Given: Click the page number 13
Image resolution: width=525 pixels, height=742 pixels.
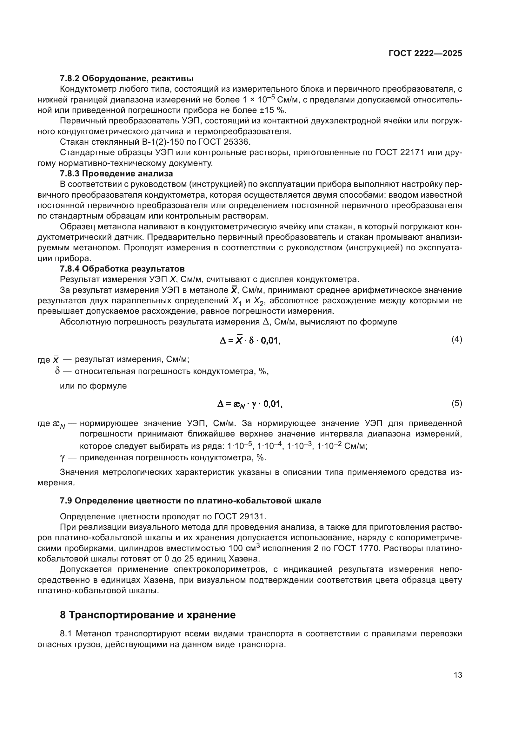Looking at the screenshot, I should click(457, 675).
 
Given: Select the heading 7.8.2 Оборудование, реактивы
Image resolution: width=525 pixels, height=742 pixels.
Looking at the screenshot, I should click(126, 79).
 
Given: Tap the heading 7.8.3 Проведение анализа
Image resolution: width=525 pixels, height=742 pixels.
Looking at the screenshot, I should click(116, 174).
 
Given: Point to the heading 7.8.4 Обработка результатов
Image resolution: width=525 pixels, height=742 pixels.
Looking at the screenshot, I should click(122, 269).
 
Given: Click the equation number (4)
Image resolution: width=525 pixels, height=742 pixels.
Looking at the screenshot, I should click(456, 339).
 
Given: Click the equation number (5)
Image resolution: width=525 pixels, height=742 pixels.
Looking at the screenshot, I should click(456, 403).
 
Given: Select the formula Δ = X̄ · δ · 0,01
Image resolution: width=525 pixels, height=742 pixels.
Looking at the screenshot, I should click(249, 340).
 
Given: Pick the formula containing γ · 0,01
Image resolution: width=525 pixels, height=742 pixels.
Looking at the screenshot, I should click(249, 404).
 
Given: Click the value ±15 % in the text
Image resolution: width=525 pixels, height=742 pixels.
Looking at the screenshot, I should click(273, 110).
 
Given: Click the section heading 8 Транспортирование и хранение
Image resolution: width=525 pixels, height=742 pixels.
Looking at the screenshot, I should click(148, 615).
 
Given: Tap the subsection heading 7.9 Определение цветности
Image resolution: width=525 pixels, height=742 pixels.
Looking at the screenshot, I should click(190, 501).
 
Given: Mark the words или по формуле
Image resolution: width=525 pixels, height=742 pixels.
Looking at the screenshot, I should click(93, 386).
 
